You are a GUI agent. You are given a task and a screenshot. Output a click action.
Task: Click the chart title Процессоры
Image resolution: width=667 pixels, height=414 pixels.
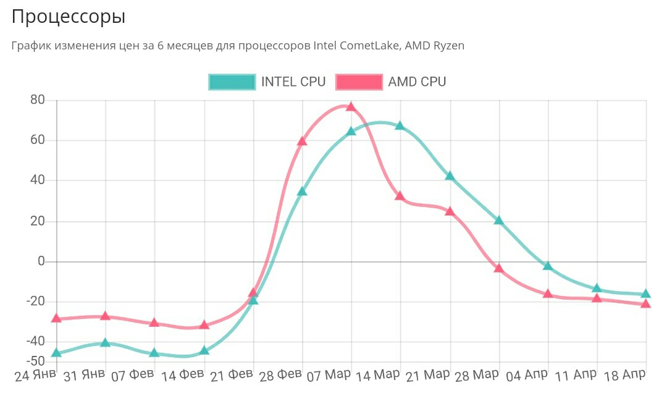pyautogui.click(x=69, y=17)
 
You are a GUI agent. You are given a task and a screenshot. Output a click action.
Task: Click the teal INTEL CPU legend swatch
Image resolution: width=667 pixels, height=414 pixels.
pyautogui.click(x=232, y=82)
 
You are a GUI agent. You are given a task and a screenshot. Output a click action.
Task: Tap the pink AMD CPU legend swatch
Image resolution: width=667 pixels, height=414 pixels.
pyautogui.click(x=359, y=82)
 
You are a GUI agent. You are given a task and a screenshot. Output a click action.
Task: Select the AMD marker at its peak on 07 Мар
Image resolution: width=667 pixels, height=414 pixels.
pyautogui.click(x=351, y=106)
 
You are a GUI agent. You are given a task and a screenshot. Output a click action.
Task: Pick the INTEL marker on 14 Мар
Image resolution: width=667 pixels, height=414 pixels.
pyautogui.click(x=400, y=125)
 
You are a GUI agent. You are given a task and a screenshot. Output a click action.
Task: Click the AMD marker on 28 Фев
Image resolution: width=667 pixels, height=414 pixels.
pyautogui.click(x=302, y=141)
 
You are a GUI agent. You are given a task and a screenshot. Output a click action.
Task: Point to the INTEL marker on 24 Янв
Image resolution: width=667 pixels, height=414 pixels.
pyautogui.click(x=57, y=353)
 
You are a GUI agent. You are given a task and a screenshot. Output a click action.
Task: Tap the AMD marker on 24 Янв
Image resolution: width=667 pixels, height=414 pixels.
pyautogui.click(x=57, y=318)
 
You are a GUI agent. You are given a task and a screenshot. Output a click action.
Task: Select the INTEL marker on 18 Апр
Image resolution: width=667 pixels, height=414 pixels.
pyautogui.click(x=646, y=294)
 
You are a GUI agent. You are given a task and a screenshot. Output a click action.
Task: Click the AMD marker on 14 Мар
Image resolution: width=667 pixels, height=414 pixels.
pyautogui.click(x=400, y=196)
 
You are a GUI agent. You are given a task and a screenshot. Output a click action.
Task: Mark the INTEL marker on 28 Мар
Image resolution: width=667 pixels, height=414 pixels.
pyautogui.click(x=498, y=221)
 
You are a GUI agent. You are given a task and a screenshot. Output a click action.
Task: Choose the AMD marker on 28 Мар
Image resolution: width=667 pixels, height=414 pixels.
pyautogui.click(x=498, y=268)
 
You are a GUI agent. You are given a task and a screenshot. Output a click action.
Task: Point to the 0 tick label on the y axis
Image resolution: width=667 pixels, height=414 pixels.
pyautogui.click(x=42, y=261)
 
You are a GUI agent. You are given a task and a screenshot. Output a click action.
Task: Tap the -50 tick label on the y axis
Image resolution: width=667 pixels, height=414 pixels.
pyautogui.click(x=35, y=360)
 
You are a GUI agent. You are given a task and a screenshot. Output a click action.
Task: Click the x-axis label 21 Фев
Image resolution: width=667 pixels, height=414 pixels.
pyautogui.click(x=232, y=375)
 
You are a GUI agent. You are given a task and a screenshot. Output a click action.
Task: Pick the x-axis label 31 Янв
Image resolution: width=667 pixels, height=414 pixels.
pyautogui.click(x=84, y=376)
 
